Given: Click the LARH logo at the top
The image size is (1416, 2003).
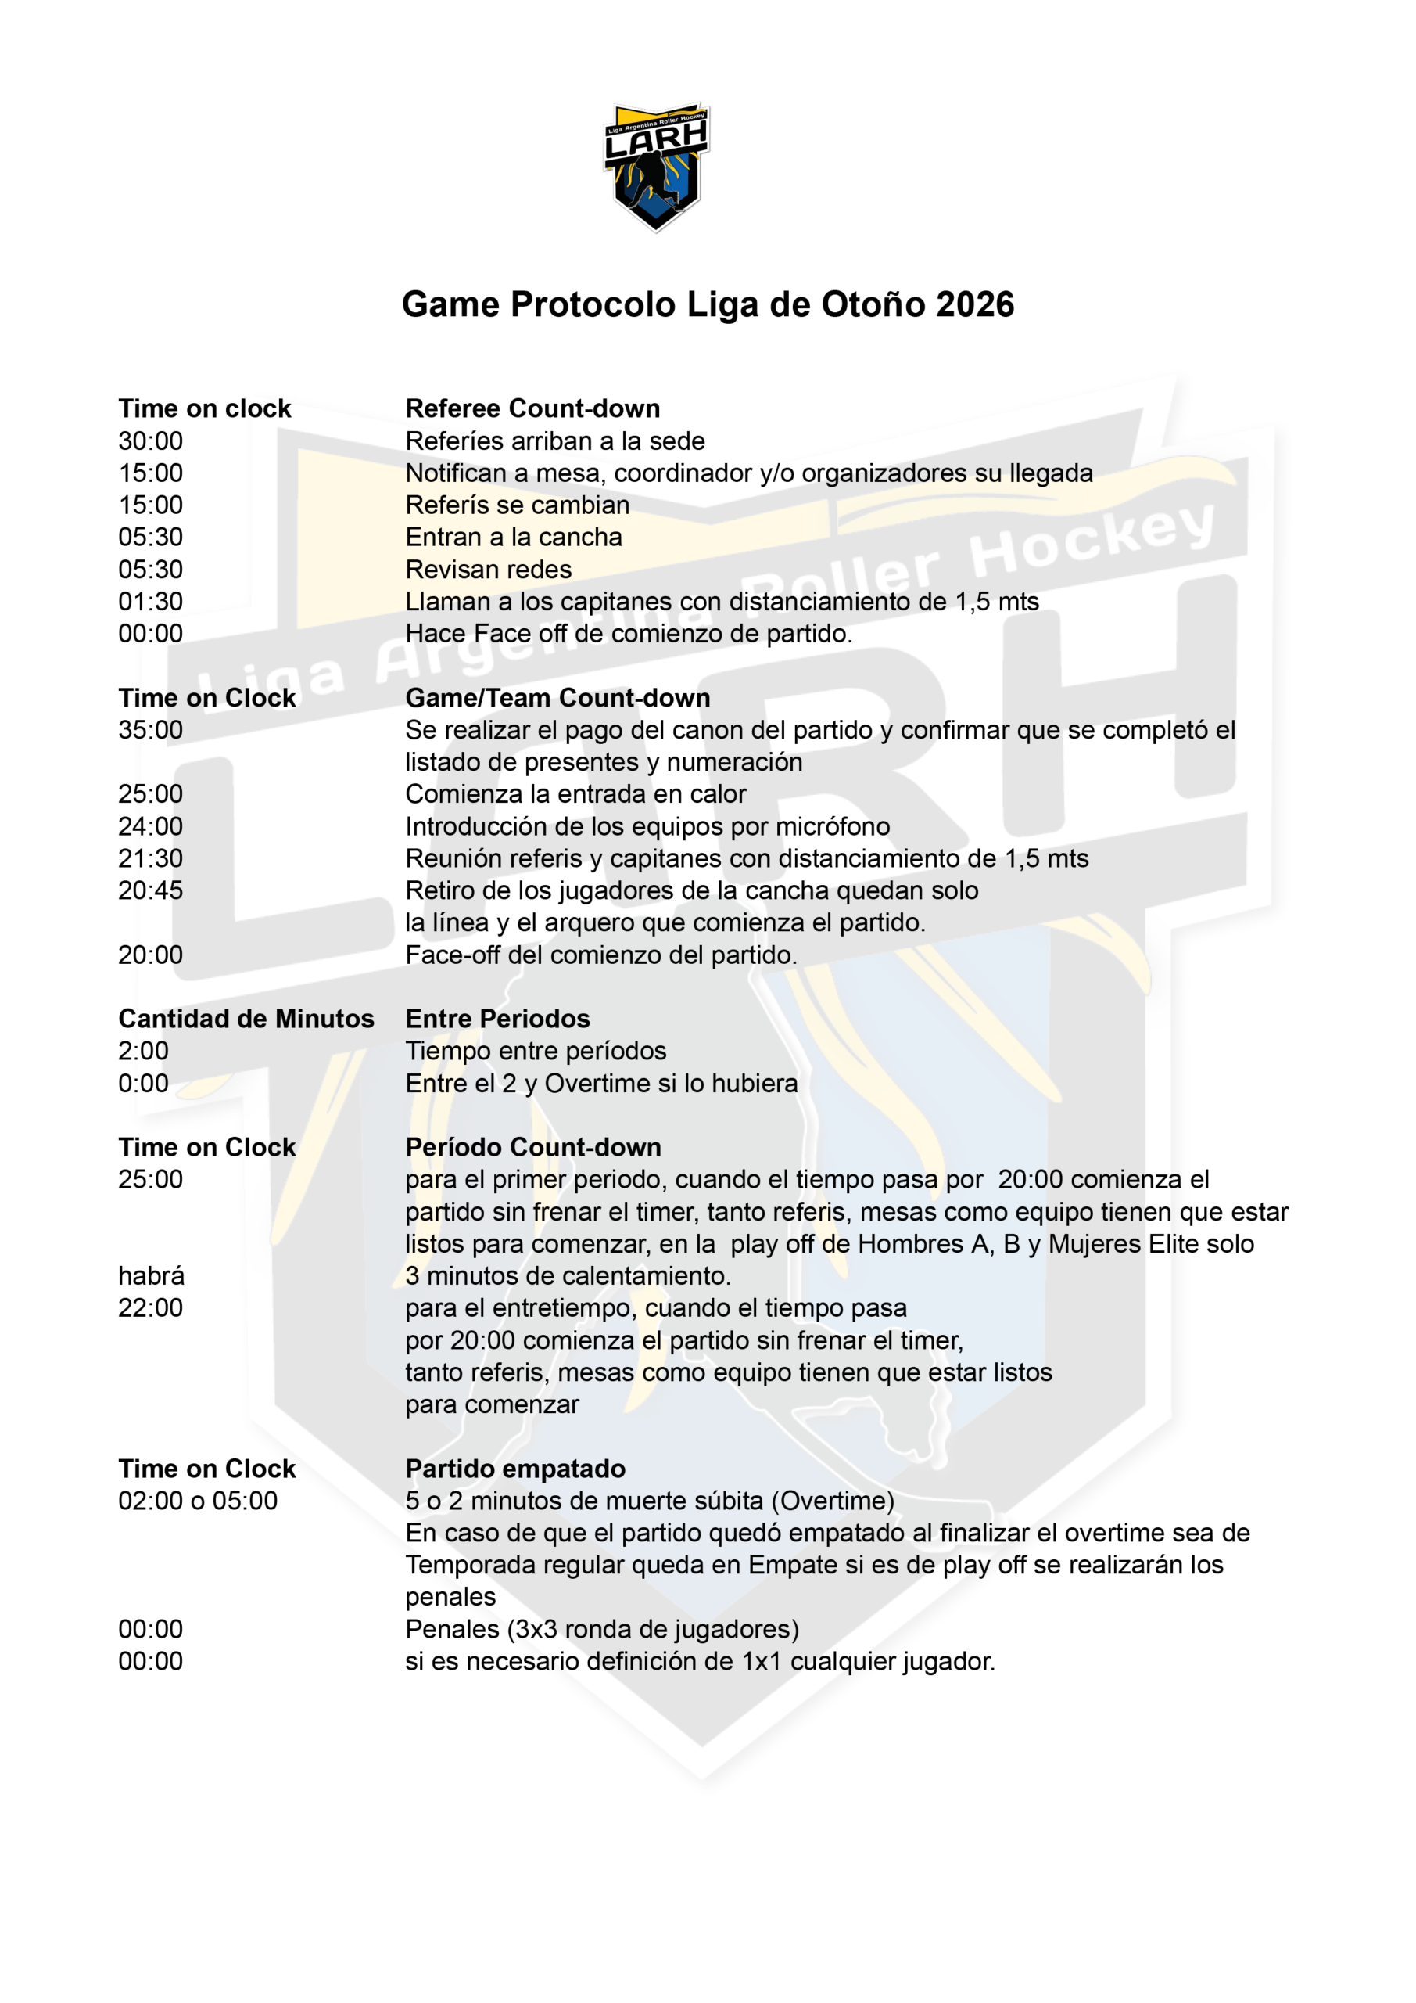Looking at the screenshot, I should (656, 166).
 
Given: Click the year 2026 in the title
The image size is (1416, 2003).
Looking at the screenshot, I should (974, 304).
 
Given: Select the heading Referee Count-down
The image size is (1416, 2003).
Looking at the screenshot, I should (532, 408).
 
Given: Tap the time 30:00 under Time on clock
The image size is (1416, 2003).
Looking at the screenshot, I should (151, 441).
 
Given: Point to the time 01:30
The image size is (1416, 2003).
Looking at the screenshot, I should (151, 601).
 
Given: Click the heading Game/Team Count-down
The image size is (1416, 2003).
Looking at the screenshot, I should (557, 698).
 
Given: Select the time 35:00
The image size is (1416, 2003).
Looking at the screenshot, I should (151, 730).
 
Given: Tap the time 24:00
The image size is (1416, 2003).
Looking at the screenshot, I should (151, 826).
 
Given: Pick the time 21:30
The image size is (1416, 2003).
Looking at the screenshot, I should (151, 858).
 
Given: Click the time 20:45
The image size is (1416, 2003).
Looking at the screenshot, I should (151, 890).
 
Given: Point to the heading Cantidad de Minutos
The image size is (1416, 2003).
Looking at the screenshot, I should (246, 1019).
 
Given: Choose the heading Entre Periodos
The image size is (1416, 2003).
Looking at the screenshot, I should (497, 1019).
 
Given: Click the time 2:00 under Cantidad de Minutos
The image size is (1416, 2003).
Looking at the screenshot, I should (144, 1052).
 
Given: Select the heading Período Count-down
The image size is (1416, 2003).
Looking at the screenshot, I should (532, 1147).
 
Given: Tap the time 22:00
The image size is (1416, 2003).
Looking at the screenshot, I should (151, 1307).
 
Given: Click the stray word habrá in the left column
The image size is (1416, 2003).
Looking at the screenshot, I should (152, 1276).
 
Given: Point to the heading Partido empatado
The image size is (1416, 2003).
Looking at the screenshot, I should (514, 1469).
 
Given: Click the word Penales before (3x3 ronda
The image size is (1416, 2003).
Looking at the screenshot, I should (452, 1630).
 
